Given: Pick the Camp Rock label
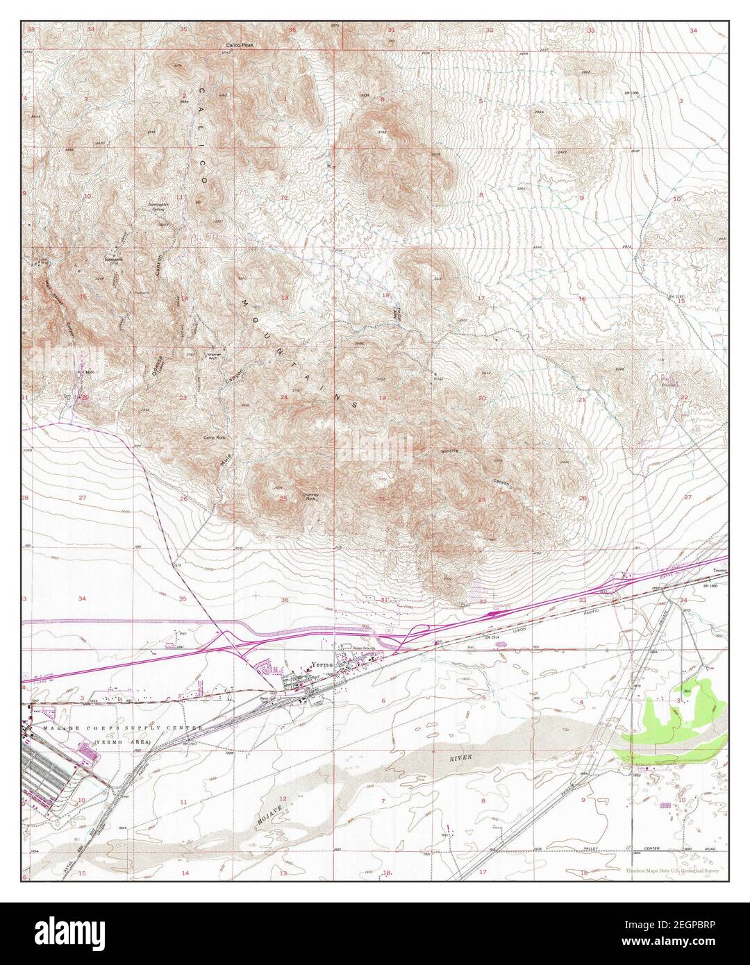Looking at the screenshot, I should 215,438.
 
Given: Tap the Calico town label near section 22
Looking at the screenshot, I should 88,373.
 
